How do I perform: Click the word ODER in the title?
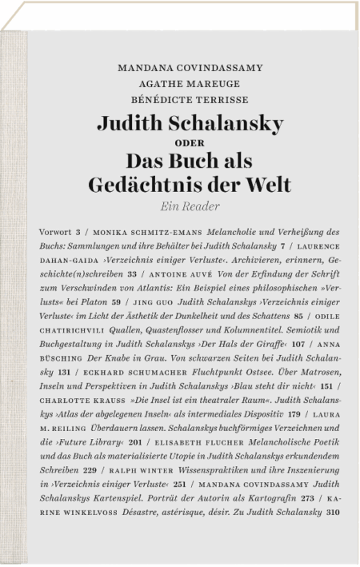tap(190, 143)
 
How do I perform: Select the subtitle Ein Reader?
tap(190, 206)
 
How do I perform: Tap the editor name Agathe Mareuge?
tap(190, 85)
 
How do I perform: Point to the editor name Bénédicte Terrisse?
tap(190, 101)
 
